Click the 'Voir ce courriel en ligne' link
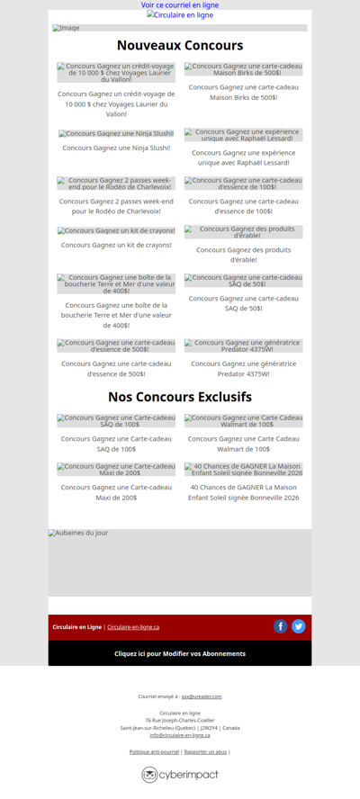[180, 5]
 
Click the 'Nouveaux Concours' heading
[180, 46]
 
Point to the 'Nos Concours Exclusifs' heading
[180, 397]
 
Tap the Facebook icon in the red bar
[281, 626]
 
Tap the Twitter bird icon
[299, 626]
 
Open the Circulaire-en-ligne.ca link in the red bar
[133, 627]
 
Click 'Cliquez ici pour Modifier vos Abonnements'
[180, 653]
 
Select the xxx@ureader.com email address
[202, 696]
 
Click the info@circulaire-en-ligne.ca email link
[180, 735]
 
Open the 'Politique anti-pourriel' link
[154, 751]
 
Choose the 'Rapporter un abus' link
[205, 751]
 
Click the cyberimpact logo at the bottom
[180, 775]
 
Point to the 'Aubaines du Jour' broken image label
[79, 534]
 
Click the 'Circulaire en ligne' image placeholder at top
[181, 15]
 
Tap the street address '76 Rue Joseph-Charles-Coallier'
[180, 720]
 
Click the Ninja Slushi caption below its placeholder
[116, 148]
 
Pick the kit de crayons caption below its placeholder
[116, 245]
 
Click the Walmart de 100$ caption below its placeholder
[244, 444]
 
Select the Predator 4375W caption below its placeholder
[244, 369]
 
